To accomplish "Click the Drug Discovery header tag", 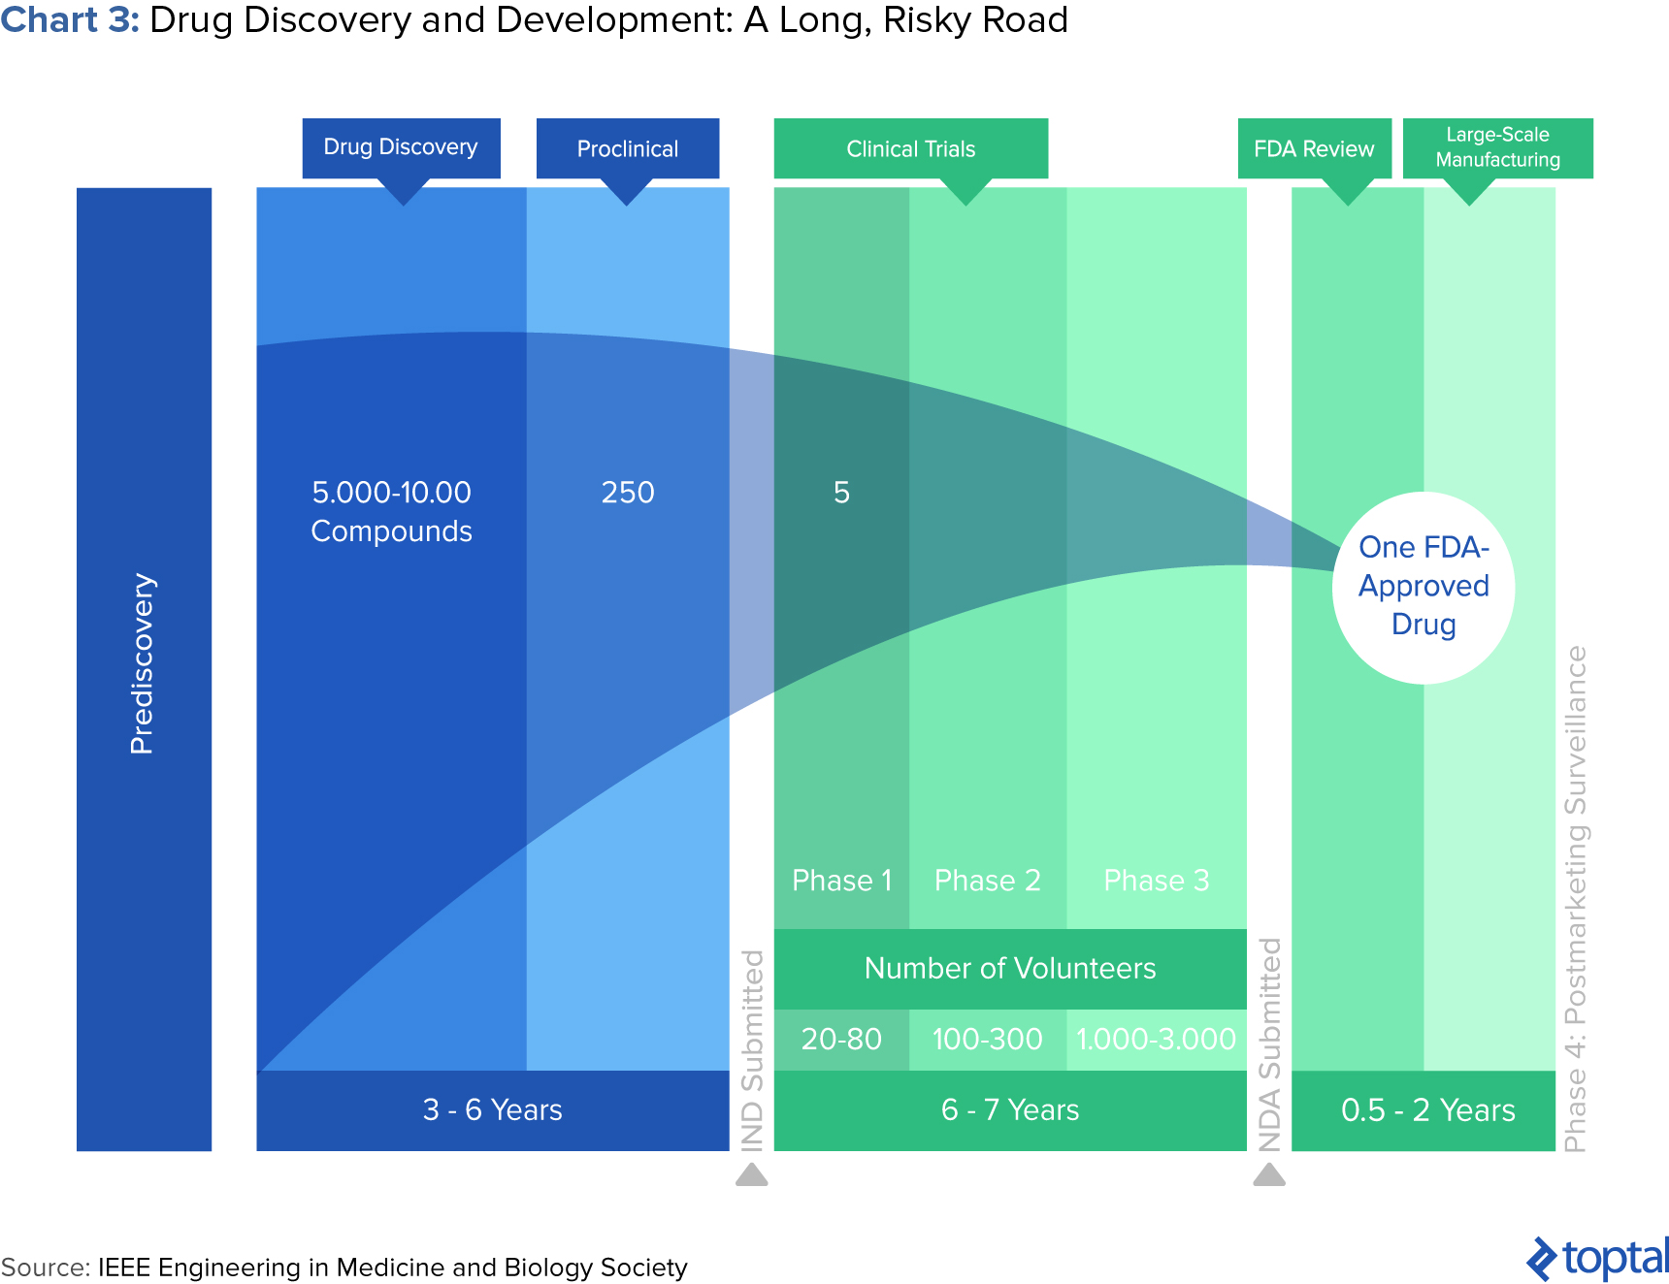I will point(401,147).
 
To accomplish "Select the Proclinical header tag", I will point(627,148).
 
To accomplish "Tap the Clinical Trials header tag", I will point(910,148).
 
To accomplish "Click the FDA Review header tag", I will point(1314,148).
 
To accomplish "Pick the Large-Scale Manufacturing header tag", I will point(1497,147).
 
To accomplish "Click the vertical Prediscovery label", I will point(143,663).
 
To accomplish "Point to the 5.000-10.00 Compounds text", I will point(391,511).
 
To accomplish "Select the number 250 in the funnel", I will point(628,493).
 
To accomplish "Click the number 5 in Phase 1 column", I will point(841,493).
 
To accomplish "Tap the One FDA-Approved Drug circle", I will point(1424,587).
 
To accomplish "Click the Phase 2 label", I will point(987,881).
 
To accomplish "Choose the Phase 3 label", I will point(1156,881).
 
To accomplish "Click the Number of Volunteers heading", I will point(1009,968).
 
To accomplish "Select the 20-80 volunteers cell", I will point(841,1039).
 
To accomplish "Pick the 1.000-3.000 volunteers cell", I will point(1156,1039).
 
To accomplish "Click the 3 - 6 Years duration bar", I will point(492,1109).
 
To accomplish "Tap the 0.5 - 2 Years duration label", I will point(1427,1109).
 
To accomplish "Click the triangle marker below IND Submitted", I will point(751,1175).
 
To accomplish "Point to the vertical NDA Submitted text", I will point(1269,1044).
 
